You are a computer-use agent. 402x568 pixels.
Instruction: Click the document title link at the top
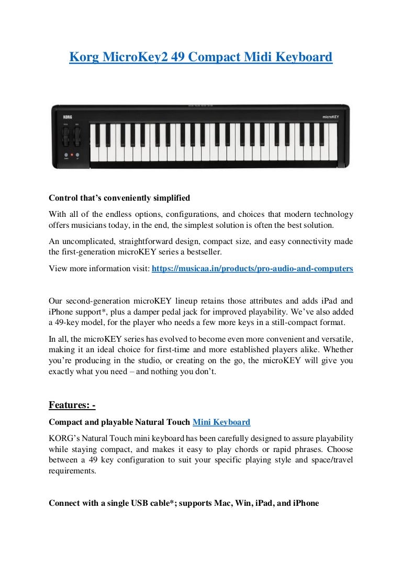coord(200,57)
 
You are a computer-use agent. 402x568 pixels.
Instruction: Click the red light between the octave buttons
coord(72,155)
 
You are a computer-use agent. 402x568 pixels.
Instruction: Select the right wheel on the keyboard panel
coord(77,137)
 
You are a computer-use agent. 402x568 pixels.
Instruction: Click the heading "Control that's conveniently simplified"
coord(119,198)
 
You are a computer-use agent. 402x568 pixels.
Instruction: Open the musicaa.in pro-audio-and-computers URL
coord(252,269)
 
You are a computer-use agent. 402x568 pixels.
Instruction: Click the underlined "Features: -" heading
coord(72,405)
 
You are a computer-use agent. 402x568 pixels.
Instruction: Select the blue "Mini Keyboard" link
coord(221,422)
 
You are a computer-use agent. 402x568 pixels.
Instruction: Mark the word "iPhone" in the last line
coord(305,503)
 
